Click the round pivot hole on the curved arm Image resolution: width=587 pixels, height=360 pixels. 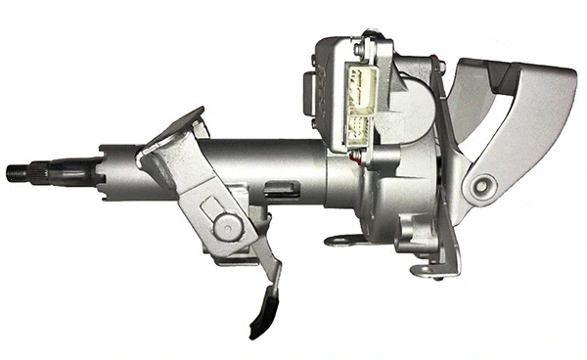point(481,186)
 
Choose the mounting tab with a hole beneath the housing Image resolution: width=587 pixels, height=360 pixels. point(338,238)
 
